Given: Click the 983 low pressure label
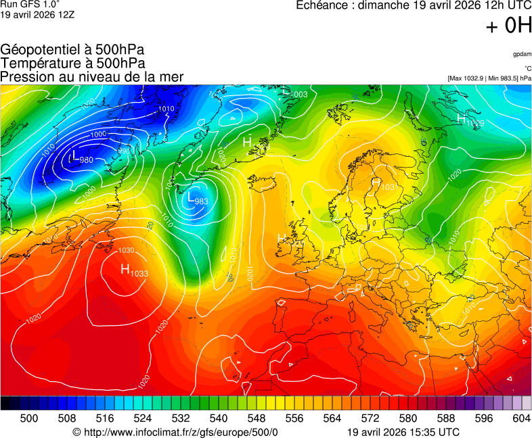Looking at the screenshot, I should (200, 201).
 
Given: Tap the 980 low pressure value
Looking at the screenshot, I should (86, 160).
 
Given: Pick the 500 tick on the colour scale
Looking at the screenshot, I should (29, 418).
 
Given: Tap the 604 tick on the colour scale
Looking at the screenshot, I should (521, 418).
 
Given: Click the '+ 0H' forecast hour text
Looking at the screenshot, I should (508, 26).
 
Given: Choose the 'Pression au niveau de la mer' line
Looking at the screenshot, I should (92, 76).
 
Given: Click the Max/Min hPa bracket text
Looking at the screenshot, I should (489, 78).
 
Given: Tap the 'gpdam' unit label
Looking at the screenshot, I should (522, 54).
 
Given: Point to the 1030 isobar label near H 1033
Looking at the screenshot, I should (126, 251).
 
